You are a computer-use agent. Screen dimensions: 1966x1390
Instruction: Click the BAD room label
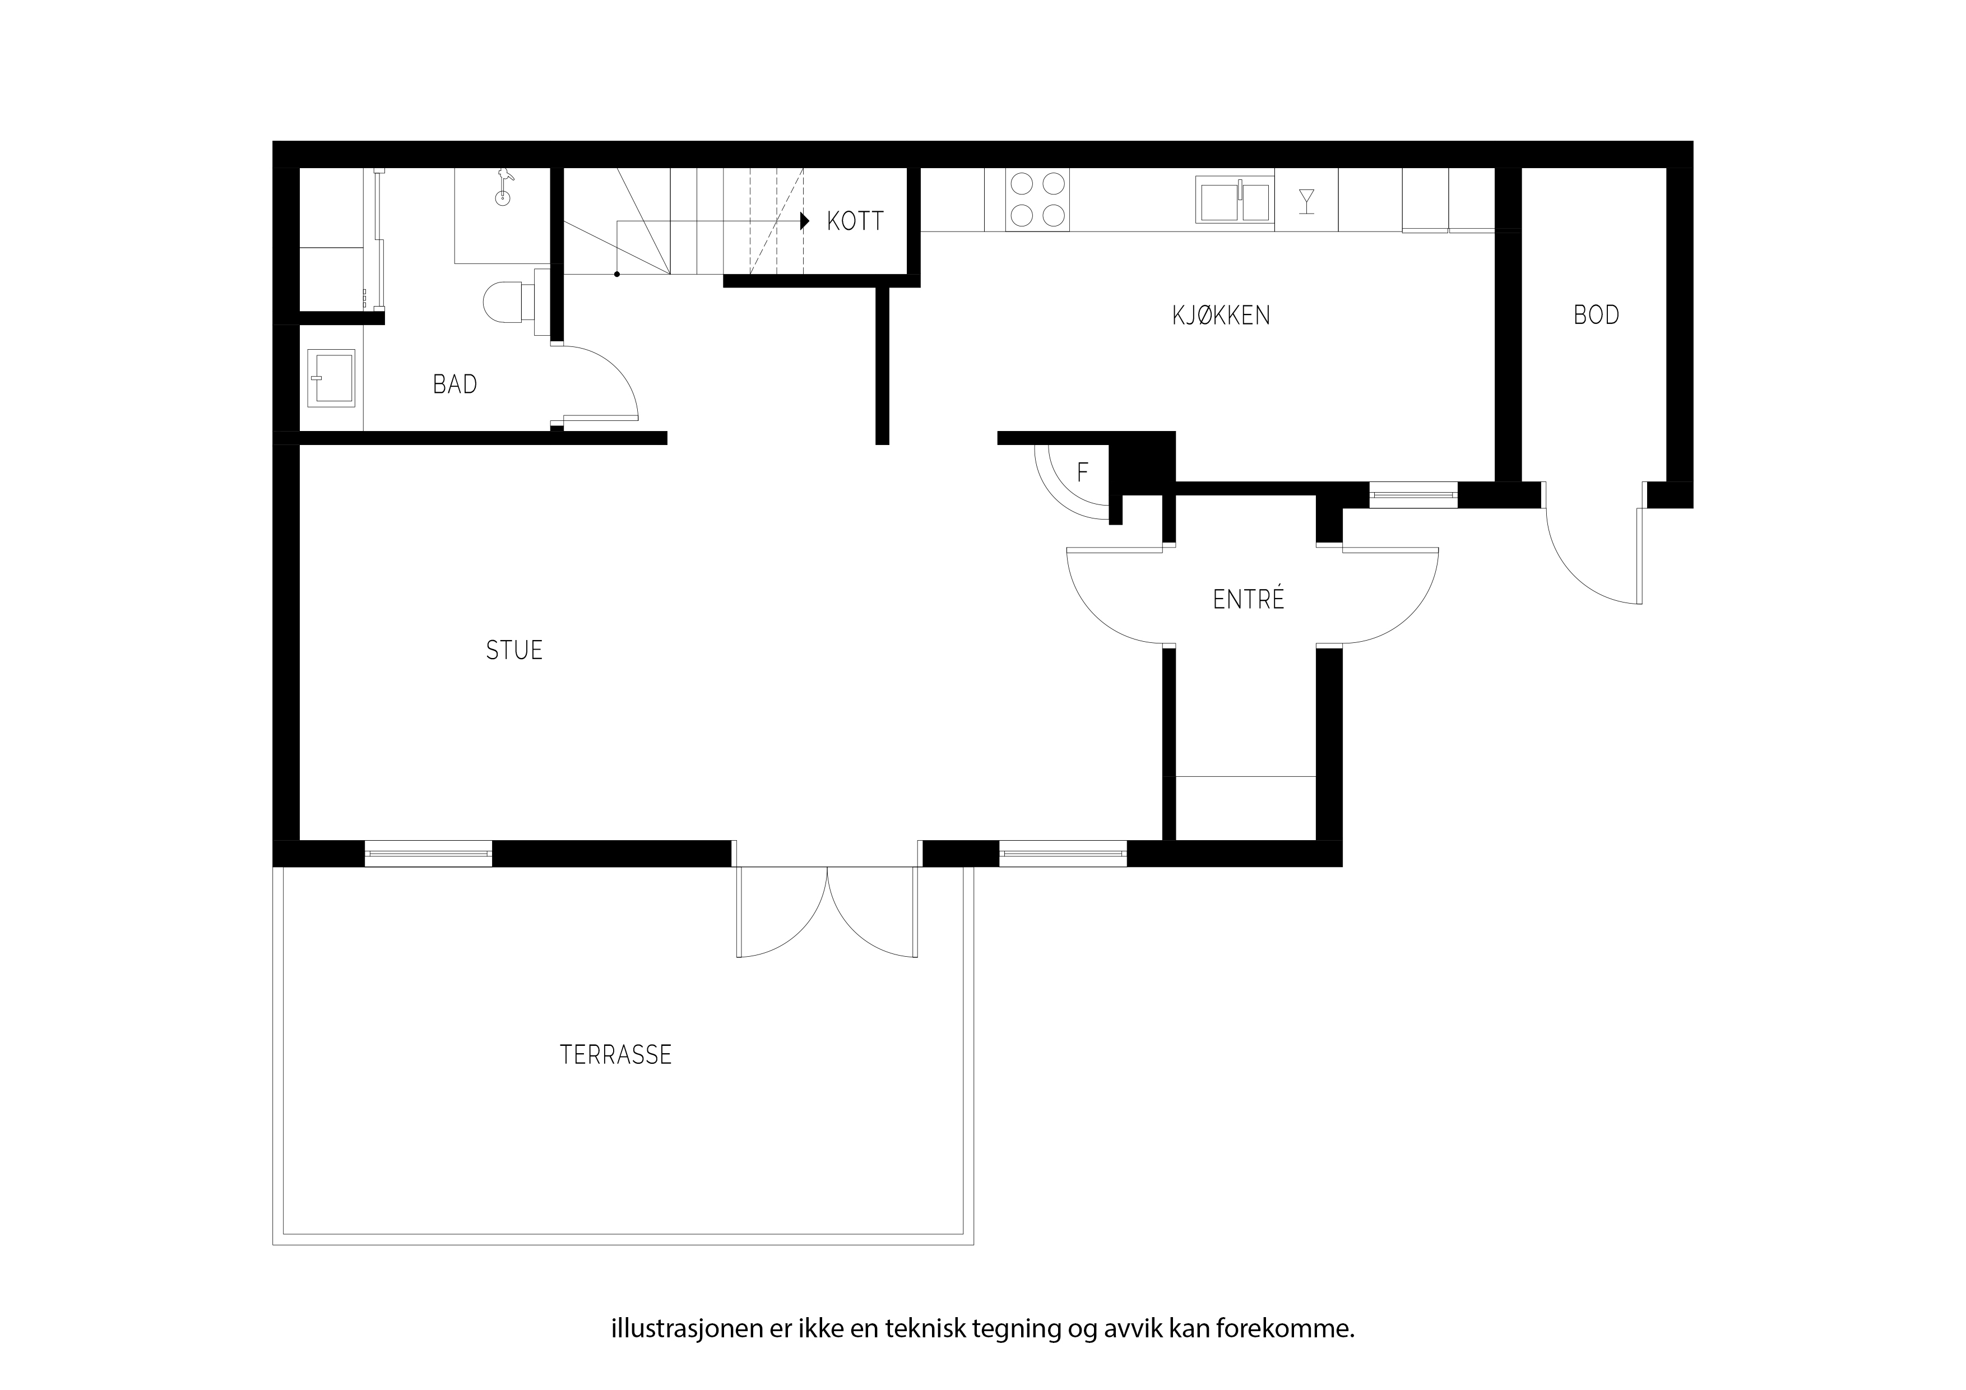[455, 384]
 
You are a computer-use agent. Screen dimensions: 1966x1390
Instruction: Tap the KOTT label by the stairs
[855, 222]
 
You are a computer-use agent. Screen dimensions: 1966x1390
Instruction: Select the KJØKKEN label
[1221, 316]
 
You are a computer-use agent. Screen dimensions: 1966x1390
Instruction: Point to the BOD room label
[1596, 315]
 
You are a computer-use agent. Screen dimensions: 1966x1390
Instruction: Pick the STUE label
[514, 651]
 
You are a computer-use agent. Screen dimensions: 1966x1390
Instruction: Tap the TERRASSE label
[616, 1055]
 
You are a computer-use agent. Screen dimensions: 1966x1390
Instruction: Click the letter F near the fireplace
[1082, 472]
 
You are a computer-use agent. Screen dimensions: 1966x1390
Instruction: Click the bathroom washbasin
[331, 378]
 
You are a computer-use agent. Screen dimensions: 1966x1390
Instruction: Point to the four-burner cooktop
[1038, 200]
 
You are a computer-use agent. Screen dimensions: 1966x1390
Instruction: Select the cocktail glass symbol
[1307, 201]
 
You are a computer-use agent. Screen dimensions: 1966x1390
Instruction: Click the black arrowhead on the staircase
[805, 221]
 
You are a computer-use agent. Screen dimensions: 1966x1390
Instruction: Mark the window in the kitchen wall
[1413, 494]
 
